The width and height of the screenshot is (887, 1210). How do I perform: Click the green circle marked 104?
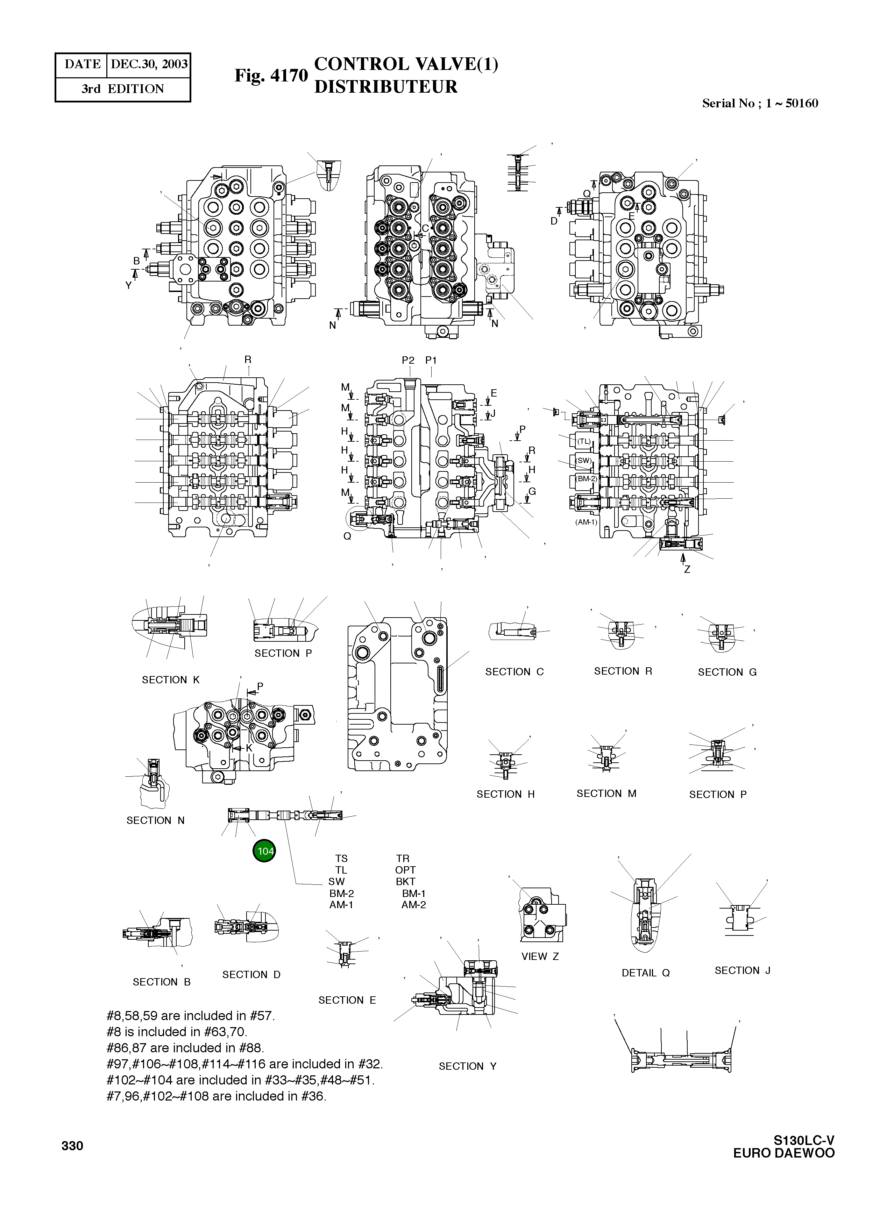point(264,851)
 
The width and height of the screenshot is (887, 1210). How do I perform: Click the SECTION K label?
point(170,679)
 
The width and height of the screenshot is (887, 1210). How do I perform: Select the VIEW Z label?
point(540,956)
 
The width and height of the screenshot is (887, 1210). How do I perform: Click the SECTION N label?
point(155,820)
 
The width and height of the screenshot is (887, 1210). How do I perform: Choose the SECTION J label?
point(742,970)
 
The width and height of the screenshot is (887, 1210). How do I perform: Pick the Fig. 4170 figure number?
point(271,75)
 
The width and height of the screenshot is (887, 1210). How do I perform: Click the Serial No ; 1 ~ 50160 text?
point(760,104)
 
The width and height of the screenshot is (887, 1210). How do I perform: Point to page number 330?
point(72,1146)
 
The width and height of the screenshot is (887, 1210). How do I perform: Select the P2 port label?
point(408,360)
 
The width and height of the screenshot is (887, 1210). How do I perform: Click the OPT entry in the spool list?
point(405,870)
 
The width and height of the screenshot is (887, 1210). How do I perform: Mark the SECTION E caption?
point(347,1000)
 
